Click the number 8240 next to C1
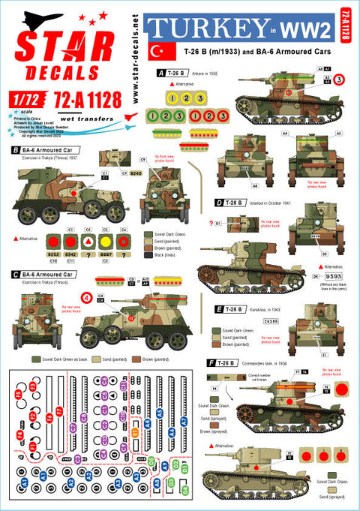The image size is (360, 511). [x=136, y=173]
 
